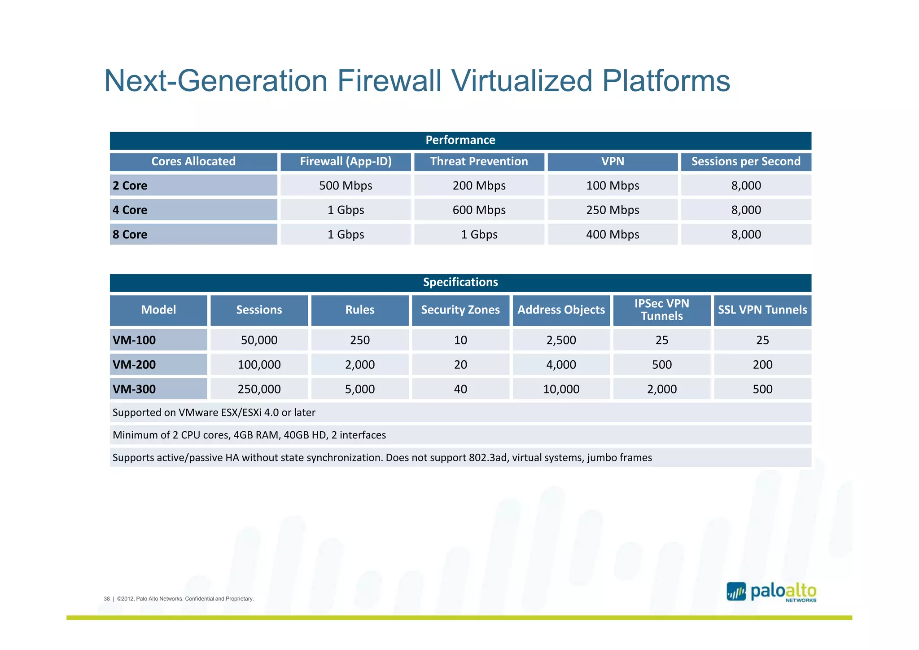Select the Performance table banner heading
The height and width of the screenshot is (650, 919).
coord(460,140)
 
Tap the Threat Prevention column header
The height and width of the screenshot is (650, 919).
coord(479,162)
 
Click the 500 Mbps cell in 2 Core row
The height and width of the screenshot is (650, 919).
coord(346,186)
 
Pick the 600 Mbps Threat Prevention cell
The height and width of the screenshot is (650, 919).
coord(479,210)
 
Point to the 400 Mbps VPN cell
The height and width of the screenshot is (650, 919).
coord(612,234)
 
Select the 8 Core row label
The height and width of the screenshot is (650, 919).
coord(130,234)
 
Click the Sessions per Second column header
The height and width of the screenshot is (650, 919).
coord(745,162)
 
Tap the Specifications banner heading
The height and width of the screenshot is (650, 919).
coord(460,282)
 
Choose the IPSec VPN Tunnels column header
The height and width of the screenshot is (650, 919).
coord(661,310)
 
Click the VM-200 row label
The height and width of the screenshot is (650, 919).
coord(134,364)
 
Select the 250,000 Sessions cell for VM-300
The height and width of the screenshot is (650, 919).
coord(259,389)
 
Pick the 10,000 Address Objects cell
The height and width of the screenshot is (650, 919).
coord(561,389)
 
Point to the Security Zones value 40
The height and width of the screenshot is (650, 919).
coord(460,389)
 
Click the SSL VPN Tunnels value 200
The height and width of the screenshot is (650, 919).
coord(762,364)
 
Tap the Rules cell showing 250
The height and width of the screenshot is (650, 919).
coord(359,340)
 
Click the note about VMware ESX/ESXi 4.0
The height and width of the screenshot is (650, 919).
coord(214,412)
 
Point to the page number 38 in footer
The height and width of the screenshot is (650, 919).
coord(107,599)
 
